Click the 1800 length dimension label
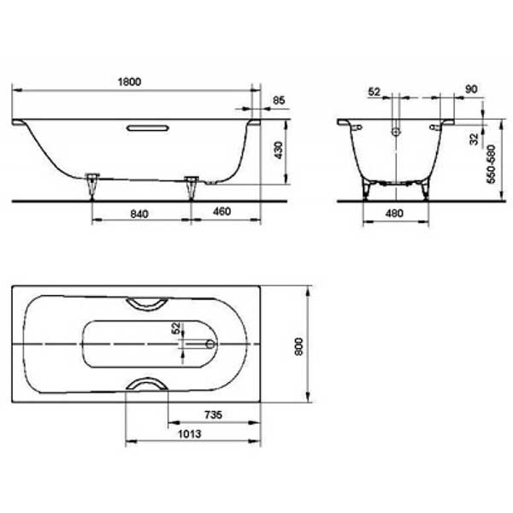[x=130, y=81]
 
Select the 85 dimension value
[x=278, y=102]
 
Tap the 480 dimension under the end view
[x=395, y=214]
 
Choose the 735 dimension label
[x=213, y=414]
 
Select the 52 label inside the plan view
[x=177, y=327]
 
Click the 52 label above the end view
[x=374, y=90]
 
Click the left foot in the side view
[x=92, y=183]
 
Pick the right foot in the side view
[x=192, y=183]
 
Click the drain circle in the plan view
[x=210, y=344]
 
